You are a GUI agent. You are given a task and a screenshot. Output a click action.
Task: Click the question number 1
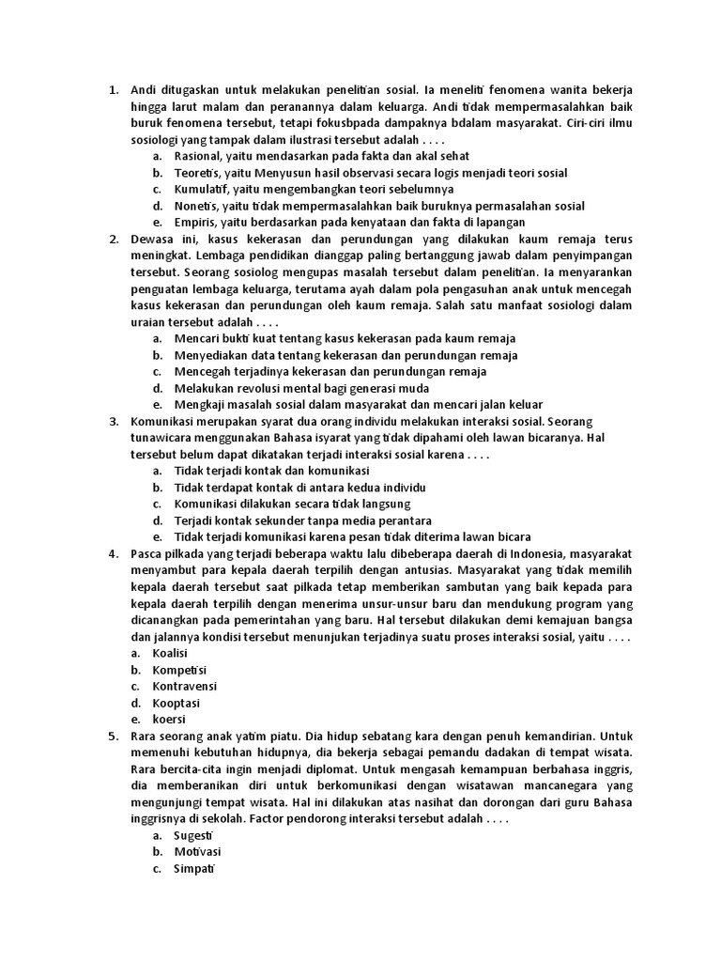pos(113,90)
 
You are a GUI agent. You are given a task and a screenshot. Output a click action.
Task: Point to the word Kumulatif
pos(202,189)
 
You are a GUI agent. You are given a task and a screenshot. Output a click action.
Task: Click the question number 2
pos(113,239)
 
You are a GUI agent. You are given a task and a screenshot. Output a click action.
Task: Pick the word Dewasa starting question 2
pos(152,239)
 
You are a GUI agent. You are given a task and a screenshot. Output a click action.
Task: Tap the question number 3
pos(113,421)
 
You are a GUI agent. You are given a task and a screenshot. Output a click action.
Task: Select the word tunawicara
pos(163,437)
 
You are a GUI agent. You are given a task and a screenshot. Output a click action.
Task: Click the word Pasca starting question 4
pos(147,553)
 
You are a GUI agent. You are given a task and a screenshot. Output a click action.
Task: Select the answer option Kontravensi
pos(185,686)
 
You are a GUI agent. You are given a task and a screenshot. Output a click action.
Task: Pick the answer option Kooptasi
pos(176,703)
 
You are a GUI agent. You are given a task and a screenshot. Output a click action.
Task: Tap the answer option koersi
pos(170,720)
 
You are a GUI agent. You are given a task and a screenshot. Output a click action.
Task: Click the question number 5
pos(113,737)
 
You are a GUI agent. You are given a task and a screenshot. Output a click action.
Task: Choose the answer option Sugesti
pos(194,835)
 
